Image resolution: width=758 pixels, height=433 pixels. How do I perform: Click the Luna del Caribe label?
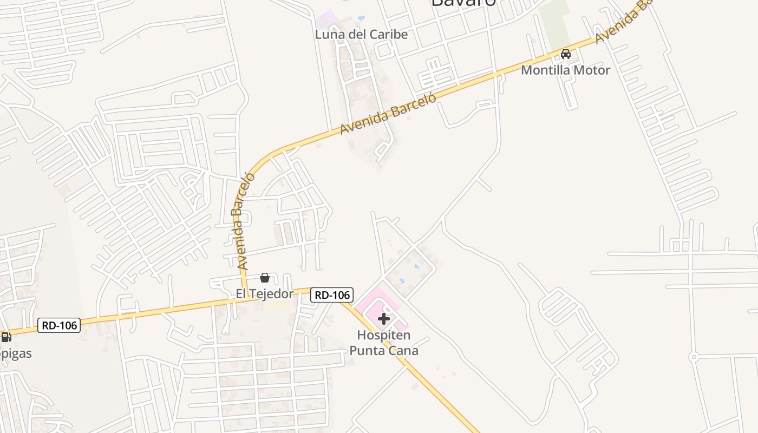pyautogui.click(x=361, y=35)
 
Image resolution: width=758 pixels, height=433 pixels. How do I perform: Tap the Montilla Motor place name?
pyautogui.click(x=565, y=70)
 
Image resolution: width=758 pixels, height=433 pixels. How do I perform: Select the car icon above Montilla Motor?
pyautogui.click(x=566, y=54)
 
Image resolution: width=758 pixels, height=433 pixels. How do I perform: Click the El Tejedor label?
pyautogui.click(x=264, y=294)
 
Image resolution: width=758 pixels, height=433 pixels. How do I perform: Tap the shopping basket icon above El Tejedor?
pyautogui.click(x=265, y=278)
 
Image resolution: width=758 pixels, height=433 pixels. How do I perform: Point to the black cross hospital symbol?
pyautogui.click(x=384, y=318)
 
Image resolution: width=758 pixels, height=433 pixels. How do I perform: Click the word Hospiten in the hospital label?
pyautogui.click(x=383, y=336)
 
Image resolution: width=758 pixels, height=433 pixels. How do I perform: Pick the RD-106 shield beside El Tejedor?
pyautogui.click(x=332, y=295)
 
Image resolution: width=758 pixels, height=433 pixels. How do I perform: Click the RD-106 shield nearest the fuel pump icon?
pyautogui.click(x=60, y=325)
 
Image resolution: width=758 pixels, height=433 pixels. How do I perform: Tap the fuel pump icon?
pyautogui.click(x=5, y=337)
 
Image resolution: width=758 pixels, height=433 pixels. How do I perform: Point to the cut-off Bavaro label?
pyautogui.click(x=463, y=3)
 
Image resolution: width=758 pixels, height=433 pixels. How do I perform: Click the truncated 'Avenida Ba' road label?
pyautogui.click(x=623, y=22)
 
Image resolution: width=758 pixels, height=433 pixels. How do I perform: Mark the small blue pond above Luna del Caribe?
pyautogui.click(x=361, y=18)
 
